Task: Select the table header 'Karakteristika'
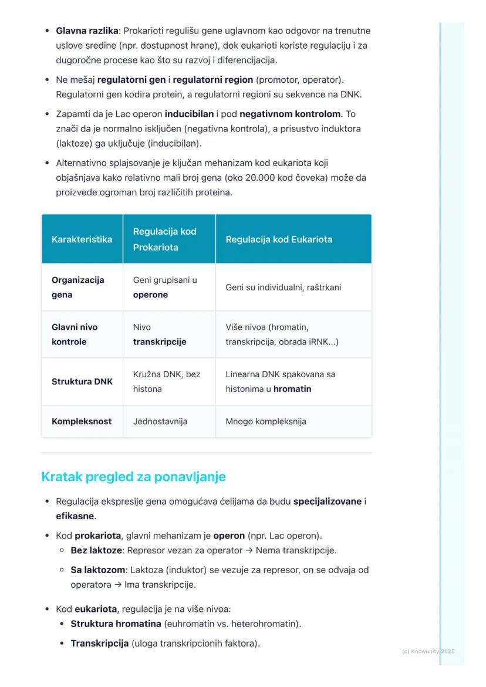pyautogui.click(x=82, y=239)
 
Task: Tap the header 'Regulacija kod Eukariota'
pyautogui.click(x=279, y=239)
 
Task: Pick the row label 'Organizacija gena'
pyautogui.click(x=77, y=287)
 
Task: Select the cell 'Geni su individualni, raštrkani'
pyautogui.click(x=283, y=287)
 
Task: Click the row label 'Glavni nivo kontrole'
pyautogui.click(x=75, y=334)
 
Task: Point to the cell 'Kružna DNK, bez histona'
pyautogui.click(x=166, y=381)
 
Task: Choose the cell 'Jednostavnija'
pyautogui.click(x=160, y=421)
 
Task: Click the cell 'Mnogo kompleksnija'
pyautogui.click(x=266, y=421)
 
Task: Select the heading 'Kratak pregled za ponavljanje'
pyautogui.click(x=133, y=477)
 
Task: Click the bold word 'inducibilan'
pyautogui.click(x=189, y=114)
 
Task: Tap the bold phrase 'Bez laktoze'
pyautogui.click(x=96, y=550)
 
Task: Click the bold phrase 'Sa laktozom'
pyautogui.click(x=98, y=570)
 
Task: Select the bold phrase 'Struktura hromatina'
pyautogui.click(x=116, y=624)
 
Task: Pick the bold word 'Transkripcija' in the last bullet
pyautogui.click(x=99, y=644)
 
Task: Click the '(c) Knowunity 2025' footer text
pyautogui.click(x=428, y=651)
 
